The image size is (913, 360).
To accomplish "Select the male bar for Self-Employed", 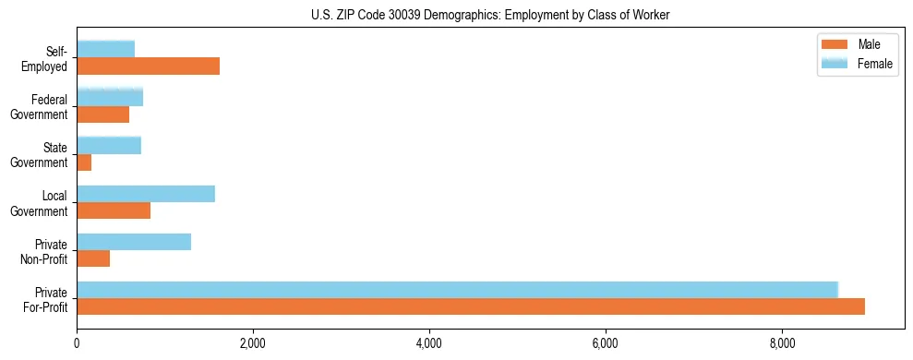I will pos(148,66).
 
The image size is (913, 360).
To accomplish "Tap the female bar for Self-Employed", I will pos(105,48).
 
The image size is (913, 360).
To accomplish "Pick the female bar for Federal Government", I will pos(110,96).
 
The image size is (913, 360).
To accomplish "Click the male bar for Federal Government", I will pos(102,114).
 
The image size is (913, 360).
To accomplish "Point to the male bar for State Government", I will pos(84,162).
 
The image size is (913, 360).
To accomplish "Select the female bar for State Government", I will pos(109,145).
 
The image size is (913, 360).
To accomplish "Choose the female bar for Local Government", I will pos(146,193).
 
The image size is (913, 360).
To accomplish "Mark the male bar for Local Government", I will pos(114,211).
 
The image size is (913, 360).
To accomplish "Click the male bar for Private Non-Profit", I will pos(93,259).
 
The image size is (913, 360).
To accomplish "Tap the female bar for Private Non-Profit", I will pos(134,242).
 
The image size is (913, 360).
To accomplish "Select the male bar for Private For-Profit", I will pos(471,307).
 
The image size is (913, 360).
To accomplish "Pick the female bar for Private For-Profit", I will pos(457,290).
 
